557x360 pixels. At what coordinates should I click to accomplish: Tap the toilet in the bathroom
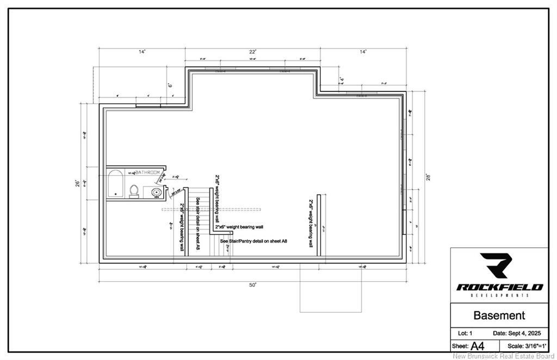coord(134,191)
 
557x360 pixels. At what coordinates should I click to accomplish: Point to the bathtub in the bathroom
coord(115,184)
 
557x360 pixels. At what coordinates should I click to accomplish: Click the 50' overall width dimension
coord(253,285)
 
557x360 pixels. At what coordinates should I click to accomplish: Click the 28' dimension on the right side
coord(428,177)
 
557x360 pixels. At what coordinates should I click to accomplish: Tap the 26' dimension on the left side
coord(77,183)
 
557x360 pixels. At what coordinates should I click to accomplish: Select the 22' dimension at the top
coord(253,52)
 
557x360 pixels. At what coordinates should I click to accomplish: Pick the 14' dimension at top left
coord(142,52)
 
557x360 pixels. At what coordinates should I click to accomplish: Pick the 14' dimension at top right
coord(363,52)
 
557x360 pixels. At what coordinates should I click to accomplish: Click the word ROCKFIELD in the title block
coord(499,287)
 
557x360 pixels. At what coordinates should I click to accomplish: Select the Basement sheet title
coord(499,315)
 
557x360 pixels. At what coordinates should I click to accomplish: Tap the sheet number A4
coord(478,346)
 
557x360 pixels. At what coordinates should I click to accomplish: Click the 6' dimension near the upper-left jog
coord(169,85)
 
